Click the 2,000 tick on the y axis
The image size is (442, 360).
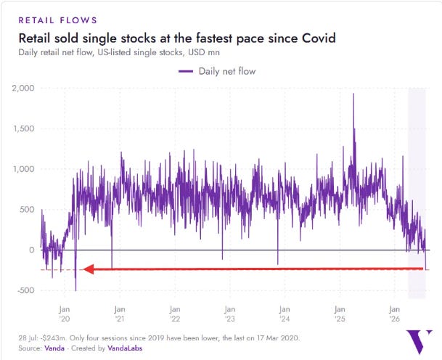pyautogui.click(x=23, y=89)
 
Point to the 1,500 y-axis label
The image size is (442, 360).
pyautogui.click(x=23, y=128)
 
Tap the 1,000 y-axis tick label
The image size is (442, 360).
pyautogui.click(x=23, y=169)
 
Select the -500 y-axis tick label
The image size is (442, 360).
pyautogui.click(x=26, y=290)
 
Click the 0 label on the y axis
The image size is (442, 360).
pyautogui.click(x=32, y=250)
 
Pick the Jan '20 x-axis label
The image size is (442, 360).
pyautogui.click(x=65, y=314)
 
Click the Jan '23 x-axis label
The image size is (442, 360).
pyautogui.click(x=229, y=314)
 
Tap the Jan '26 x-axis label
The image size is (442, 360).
pyautogui.click(x=394, y=314)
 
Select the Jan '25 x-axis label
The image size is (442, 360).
pyautogui.click(x=340, y=314)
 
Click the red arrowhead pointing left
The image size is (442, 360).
pyautogui.click(x=89, y=269)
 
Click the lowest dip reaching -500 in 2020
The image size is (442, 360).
pyautogui.click(x=75, y=290)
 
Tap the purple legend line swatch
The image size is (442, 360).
pyautogui.click(x=186, y=71)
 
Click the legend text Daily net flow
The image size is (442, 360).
pyautogui.click(x=227, y=71)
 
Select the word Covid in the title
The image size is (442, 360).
pyautogui.click(x=319, y=38)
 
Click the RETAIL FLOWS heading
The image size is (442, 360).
pyautogui.click(x=58, y=20)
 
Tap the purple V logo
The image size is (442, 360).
pyautogui.click(x=419, y=342)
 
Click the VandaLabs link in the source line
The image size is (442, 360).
pyautogui.click(x=125, y=348)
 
